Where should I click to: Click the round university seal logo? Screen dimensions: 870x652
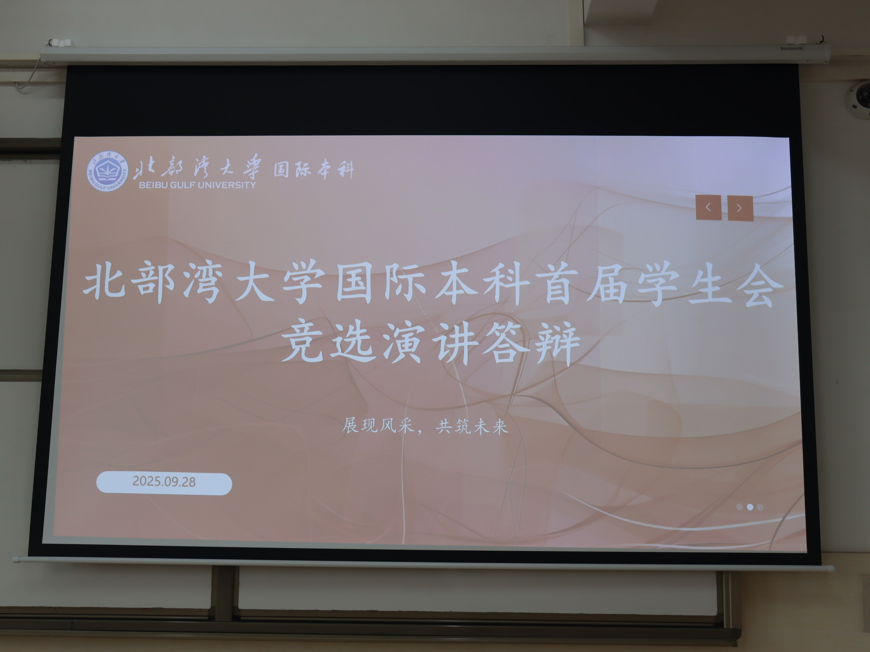point(107,172)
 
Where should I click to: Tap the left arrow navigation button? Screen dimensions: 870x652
point(709,207)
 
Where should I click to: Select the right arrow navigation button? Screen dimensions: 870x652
point(740,208)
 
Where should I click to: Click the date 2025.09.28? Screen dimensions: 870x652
point(164,481)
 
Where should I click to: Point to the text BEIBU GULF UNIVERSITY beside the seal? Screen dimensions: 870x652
point(198,185)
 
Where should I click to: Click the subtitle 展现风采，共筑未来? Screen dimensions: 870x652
point(425,426)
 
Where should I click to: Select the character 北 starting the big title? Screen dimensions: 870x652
point(104,281)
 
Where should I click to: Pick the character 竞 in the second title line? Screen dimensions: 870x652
point(302,340)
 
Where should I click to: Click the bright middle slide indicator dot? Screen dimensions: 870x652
point(750,507)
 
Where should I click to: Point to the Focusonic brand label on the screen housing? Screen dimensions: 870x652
point(792,48)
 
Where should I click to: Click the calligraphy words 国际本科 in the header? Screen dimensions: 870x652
point(314,170)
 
